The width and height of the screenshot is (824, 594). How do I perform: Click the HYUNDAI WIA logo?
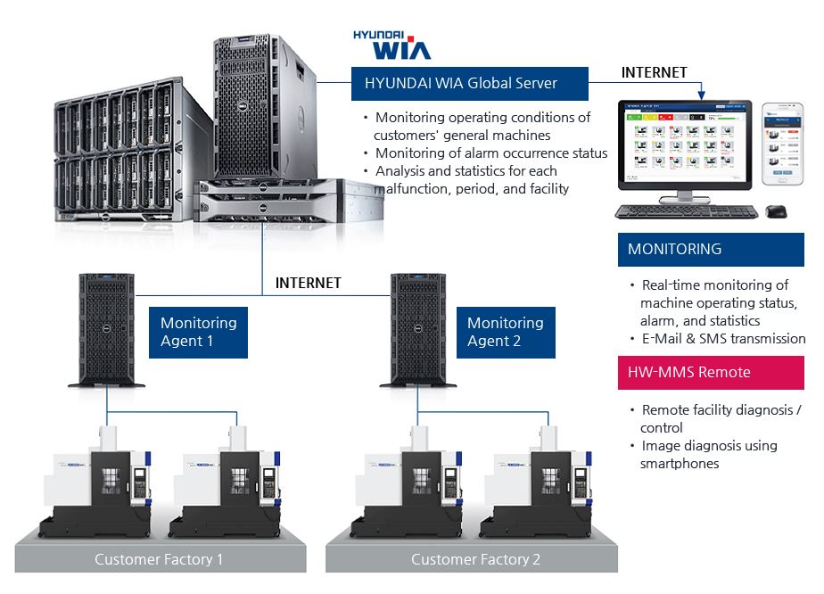click(391, 45)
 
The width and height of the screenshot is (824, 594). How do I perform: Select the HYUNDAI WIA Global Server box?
click(469, 84)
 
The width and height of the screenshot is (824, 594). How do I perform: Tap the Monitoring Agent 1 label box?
click(198, 332)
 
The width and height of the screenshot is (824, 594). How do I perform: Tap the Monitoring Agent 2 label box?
click(505, 332)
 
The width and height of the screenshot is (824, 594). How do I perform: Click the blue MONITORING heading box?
click(710, 250)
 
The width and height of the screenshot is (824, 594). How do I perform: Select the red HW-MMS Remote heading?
click(710, 373)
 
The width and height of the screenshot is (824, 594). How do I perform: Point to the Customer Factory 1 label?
click(159, 559)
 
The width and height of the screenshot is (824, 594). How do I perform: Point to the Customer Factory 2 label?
click(475, 559)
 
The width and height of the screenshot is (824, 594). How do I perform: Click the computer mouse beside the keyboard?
click(776, 211)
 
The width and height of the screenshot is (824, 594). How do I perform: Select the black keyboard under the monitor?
click(686, 212)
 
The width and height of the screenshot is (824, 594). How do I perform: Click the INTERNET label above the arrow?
click(654, 72)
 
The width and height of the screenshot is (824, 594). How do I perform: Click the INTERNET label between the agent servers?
click(308, 283)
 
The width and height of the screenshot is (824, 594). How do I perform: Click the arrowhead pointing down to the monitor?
click(702, 94)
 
